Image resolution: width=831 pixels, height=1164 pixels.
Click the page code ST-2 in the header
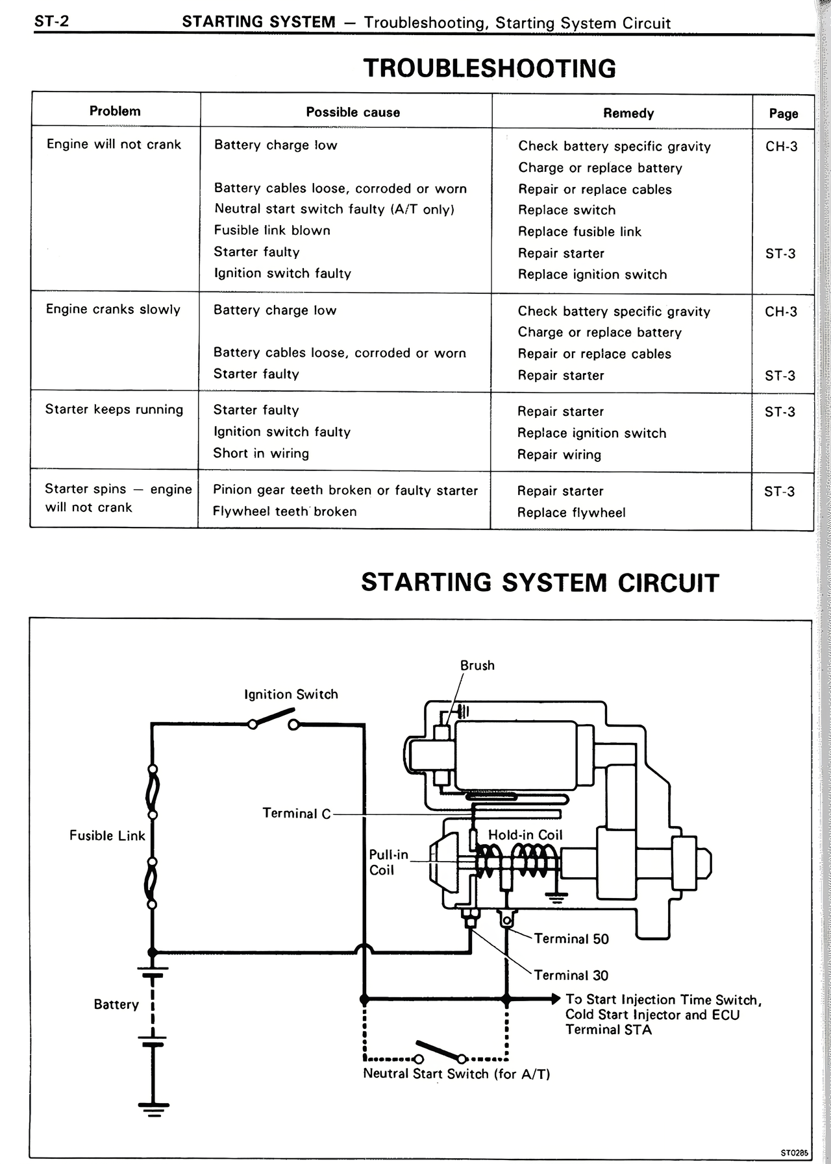[x=51, y=21]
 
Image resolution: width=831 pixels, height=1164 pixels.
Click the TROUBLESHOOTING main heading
[x=490, y=69]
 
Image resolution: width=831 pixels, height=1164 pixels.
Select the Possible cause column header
[x=353, y=112]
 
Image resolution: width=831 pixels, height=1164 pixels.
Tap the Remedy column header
[x=628, y=113]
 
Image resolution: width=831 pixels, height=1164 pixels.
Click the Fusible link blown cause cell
[x=272, y=230]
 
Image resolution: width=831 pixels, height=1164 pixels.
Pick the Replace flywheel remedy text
[x=571, y=513]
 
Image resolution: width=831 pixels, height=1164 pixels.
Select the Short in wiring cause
[x=261, y=454]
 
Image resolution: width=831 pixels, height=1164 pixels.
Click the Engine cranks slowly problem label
[x=113, y=309]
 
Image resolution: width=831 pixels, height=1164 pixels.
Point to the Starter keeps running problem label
[x=114, y=409]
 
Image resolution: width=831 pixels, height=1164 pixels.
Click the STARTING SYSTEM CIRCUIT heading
[x=540, y=583]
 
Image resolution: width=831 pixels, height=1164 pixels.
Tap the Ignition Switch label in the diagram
[x=291, y=694]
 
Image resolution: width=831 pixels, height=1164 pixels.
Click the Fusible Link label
[x=107, y=836]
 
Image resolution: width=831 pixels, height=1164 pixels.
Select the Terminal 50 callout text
[x=571, y=939]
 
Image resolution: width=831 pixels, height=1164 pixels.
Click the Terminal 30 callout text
[x=571, y=975]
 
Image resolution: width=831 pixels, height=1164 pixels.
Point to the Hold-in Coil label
[x=525, y=835]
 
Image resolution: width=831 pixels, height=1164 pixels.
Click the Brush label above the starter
[x=477, y=666]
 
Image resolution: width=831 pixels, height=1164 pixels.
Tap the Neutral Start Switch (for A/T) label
[x=456, y=1074]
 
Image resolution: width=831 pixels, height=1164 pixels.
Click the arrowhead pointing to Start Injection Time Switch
[x=555, y=999]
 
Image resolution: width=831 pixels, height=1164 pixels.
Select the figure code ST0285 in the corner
[x=794, y=1153]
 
